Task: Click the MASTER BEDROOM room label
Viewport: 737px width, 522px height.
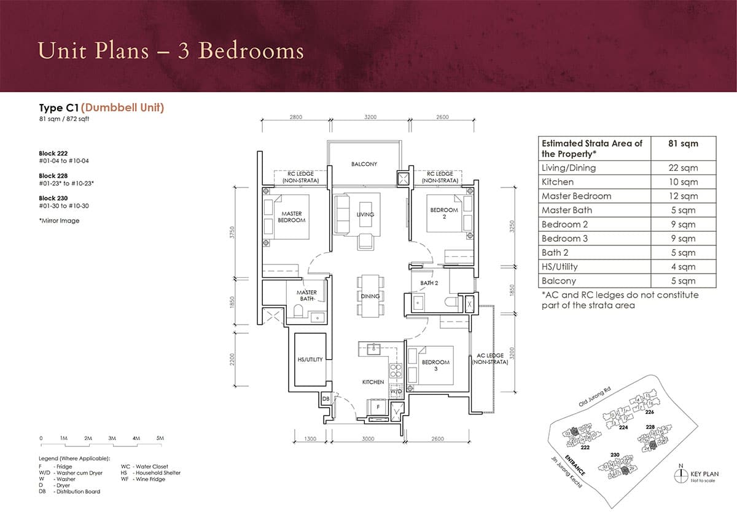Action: [292, 216]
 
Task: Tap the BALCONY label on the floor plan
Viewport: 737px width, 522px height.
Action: [364, 164]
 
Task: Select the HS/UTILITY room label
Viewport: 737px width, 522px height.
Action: [310, 360]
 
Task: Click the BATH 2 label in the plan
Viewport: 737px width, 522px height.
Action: [429, 283]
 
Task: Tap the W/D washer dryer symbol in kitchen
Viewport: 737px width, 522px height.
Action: [396, 391]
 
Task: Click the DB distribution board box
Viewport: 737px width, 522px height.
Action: [325, 399]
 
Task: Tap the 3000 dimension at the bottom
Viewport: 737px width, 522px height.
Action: [367, 439]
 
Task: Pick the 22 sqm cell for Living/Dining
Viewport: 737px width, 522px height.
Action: [683, 168]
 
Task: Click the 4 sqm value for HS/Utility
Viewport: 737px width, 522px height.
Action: [683, 267]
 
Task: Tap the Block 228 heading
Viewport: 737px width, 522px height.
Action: [53, 176]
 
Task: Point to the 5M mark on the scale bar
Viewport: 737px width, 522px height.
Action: [160, 438]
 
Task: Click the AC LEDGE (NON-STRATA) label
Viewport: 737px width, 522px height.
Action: [489, 359]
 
